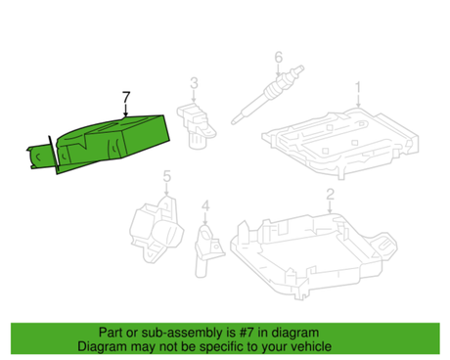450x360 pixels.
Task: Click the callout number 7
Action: click(x=125, y=96)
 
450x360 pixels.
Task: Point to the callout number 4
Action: click(x=205, y=205)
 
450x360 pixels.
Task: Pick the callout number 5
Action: click(x=166, y=177)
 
